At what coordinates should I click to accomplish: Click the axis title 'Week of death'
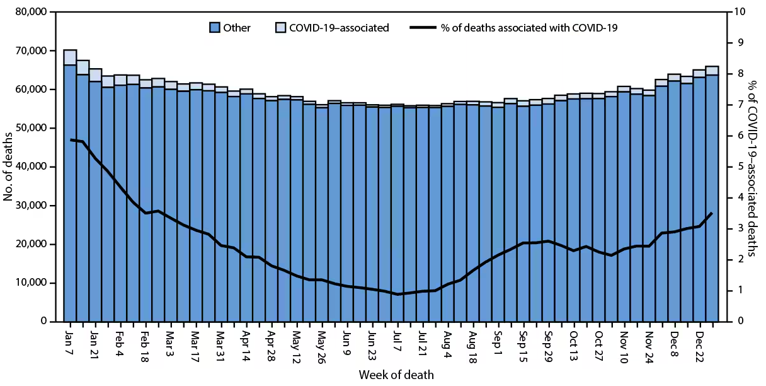(x=396, y=375)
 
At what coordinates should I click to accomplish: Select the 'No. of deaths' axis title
(x=9, y=167)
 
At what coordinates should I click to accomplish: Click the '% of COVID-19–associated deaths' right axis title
(x=753, y=167)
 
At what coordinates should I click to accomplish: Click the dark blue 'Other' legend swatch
(x=215, y=28)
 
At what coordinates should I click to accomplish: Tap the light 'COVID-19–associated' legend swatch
(x=281, y=28)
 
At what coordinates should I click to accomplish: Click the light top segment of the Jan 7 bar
(x=70, y=57)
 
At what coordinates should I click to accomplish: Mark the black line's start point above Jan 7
(x=70, y=139)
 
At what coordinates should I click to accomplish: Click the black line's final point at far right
(x=712, y=213)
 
